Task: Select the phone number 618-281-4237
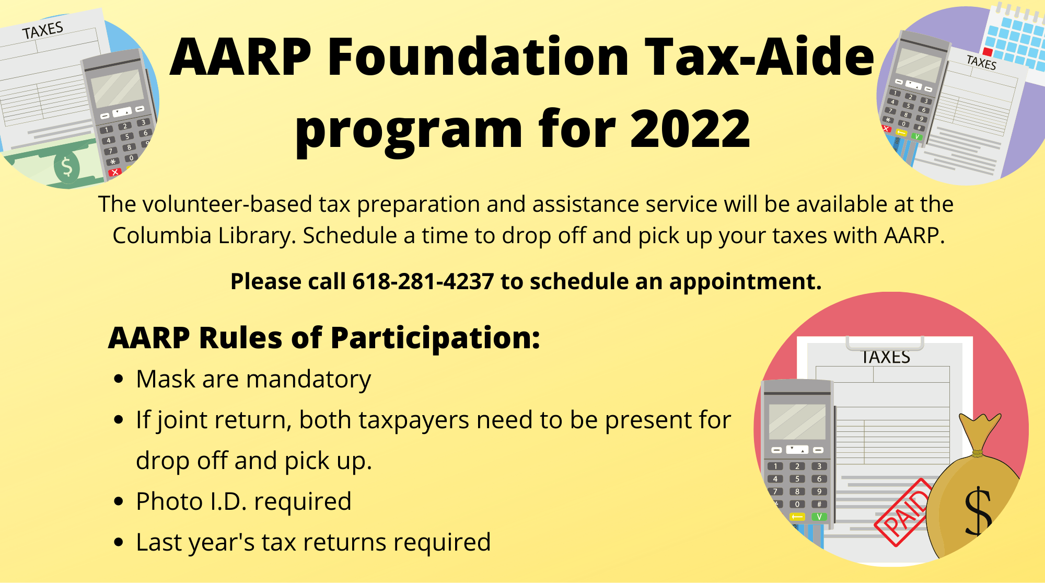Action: click(423, 281)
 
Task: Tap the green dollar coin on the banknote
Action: click(67, 166)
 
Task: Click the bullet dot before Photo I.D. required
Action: click(119, 501)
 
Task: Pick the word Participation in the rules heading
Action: click(435, 339)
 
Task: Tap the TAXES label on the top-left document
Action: click(43, 30)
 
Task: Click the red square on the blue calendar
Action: click(988, 51)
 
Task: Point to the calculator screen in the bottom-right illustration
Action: click(797, 421)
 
